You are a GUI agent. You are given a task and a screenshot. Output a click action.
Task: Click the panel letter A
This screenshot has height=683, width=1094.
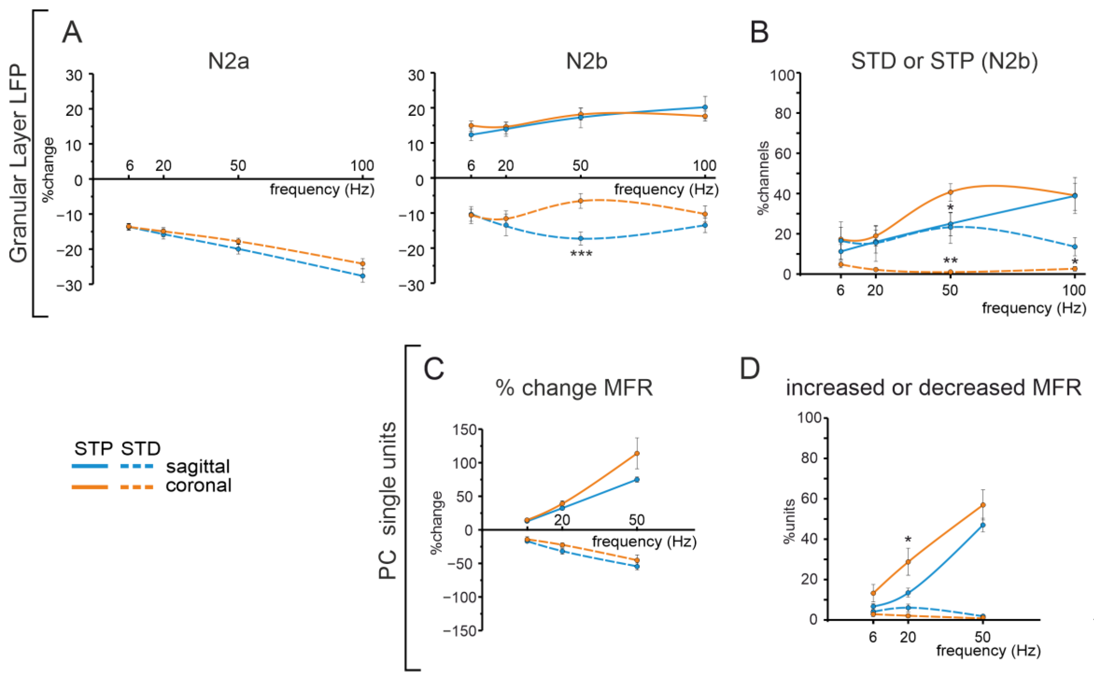click(x=72, y=33)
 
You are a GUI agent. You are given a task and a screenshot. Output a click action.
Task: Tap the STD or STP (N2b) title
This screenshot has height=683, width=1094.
click(x=944, y=61)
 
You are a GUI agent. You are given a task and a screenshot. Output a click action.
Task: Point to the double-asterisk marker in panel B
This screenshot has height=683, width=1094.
click(x=950, y=261)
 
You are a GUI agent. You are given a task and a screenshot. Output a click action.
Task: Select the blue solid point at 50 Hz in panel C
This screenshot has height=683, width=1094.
click(x=637, y=480)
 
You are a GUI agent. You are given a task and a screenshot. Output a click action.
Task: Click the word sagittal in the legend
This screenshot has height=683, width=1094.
click(x=198, y=466)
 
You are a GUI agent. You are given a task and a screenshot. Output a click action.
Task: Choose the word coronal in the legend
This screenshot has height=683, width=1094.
click(x=199, y=486)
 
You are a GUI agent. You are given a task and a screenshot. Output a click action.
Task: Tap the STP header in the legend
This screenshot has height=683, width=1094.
click(x=94, y=448)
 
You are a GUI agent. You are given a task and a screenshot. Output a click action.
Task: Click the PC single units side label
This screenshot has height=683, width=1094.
click(x=388, y=501)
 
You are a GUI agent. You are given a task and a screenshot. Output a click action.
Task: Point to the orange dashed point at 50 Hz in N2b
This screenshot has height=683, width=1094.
click(x=581, y=201)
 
